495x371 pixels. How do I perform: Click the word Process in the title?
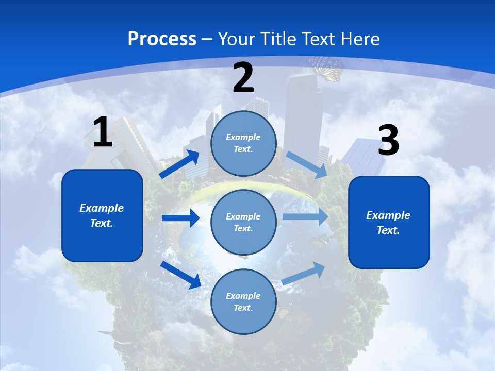click(x=162, y=39)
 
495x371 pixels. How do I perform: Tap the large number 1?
click(x=102, y=132)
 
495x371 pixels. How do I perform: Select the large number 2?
click(x=243, y=78)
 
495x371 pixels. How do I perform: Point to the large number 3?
click(x=388, y=141)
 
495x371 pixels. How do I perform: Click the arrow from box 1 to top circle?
click(x=179, y=164)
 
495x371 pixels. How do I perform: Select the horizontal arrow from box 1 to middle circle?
click(x=180, y=218)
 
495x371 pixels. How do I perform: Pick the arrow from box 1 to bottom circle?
click(x=180, y=275)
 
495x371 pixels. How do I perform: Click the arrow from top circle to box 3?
click(x=307, y=164)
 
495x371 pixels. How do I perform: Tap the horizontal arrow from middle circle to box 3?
click(x=305, y=216)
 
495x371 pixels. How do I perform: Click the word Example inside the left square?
click(x=102, y=208)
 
